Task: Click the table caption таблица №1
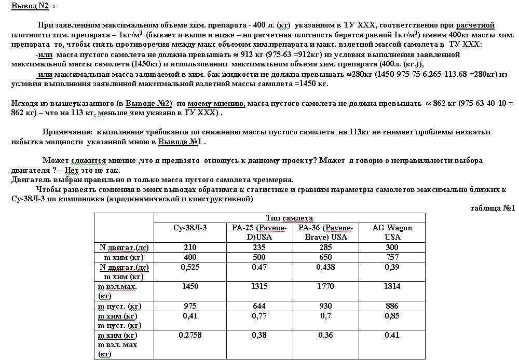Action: point(492,208)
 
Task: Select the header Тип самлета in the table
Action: point(289,218)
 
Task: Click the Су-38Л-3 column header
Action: point(190,228)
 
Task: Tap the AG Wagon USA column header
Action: point(392,232)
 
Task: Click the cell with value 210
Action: point(190,247)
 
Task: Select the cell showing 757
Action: point(392,257)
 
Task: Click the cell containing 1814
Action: point(392,286)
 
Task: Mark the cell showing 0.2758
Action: point(190,336)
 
